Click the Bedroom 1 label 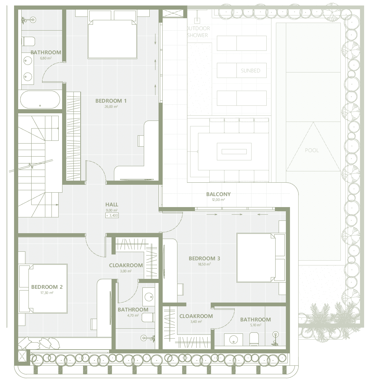pyautogui.click(x=111, y=101)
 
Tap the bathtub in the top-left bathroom pyautogui.click(x=40, y=100)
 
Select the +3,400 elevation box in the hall pyautogui.click(x=112, y=215)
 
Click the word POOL pyautogui.click(x=312, y=150)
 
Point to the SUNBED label pyautogui.click(x=251, y=71)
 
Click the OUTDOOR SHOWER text pyautogui.click(x=198, y=32)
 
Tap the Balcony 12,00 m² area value pyautogui.click(x=219, y=200)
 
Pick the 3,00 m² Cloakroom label pyautogui.click(x=126, y=271)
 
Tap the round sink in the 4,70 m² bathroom pyautogui.click(x=149, y=297)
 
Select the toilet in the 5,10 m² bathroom pyautogui.click(x=254, y=339)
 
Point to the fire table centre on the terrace pyautogui.click(x=234, y=152)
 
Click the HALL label pyautogui.click(x=112, y=205)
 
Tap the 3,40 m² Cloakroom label pyautogui.click(x=196, y=321)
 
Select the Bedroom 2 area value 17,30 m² pyautogui.click(x=47, y=293)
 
